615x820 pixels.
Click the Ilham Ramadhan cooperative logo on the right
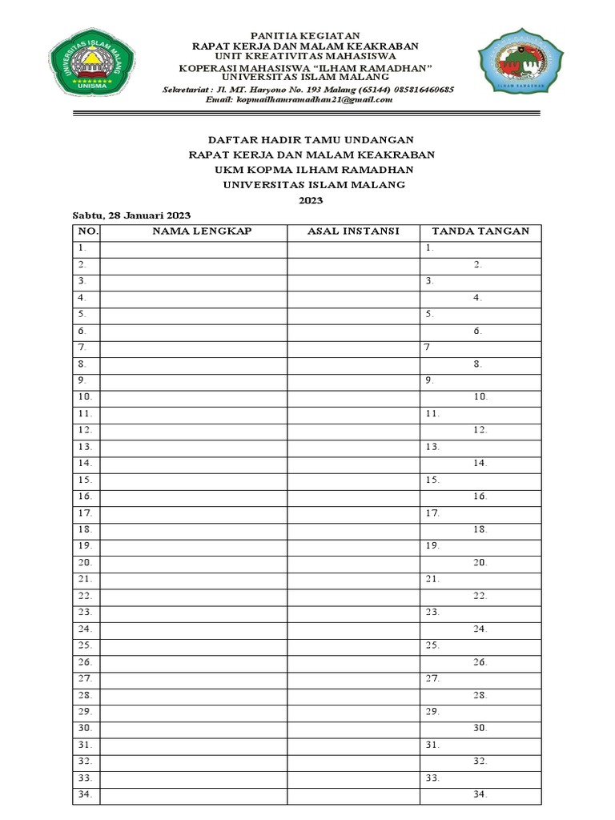tap(521, 63)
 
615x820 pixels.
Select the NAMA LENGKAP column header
tap(194, 231)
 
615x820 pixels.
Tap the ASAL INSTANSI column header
tap(353, 231)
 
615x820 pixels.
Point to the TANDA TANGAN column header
tap(480, 231)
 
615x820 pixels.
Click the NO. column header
tap(87, 231)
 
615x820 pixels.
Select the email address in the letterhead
tap(299, 99)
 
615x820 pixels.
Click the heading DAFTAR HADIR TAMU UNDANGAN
tap(311, 139)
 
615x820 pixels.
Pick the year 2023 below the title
tap(311, 200)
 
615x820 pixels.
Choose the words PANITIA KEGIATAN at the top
tap(307, 36)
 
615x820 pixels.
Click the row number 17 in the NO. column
tap(85, 512)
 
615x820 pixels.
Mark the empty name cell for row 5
tap(194, 314)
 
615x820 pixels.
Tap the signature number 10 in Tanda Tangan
tap(480, 396)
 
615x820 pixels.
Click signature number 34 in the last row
tap(480, 794)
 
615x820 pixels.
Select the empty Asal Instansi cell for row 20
tap(353, 562)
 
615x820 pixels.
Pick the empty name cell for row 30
tap(194, 728)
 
